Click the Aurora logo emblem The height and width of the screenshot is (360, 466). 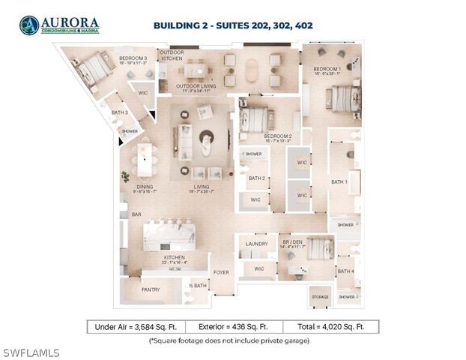click(29, 25)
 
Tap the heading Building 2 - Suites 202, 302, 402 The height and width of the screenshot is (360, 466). click(233, 25)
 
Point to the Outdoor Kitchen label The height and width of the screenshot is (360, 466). click(172, 55)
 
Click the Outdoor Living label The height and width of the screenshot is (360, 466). click(196, 86)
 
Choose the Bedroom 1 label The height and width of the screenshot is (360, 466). click(327, 70)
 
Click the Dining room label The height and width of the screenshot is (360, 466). click(145, 187)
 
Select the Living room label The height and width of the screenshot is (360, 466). click(202, 187)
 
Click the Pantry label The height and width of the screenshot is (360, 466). click(151, 289)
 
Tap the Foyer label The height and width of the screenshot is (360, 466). click(221, 271)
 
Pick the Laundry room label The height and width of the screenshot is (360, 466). click(256, 244)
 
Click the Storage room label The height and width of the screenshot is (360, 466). click(320, 298)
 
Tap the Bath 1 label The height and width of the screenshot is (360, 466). click(340, 182)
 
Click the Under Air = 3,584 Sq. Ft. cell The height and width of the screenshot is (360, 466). click(133, 327)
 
